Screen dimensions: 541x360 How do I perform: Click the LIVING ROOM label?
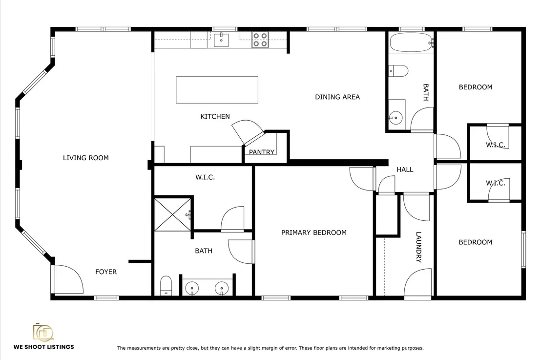85,158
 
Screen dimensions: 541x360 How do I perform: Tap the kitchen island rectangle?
217,90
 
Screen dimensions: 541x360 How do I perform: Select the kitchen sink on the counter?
221,40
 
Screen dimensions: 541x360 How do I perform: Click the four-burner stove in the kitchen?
260,40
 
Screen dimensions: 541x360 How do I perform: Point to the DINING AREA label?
337,97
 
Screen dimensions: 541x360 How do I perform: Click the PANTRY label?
262,152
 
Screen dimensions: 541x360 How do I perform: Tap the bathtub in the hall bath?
411,42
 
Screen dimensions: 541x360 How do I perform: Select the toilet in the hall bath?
398,71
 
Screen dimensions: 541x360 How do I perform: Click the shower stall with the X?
172,214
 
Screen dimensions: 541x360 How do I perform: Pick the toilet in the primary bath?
166,285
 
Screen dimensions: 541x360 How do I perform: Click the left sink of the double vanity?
192,288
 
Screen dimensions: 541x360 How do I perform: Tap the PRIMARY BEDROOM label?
314,233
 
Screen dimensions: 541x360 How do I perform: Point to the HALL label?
405,169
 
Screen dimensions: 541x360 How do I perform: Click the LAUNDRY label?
419,247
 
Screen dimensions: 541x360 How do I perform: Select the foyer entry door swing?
69,279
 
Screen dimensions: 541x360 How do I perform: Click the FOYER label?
106,272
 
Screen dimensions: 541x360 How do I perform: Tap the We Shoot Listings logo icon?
43,332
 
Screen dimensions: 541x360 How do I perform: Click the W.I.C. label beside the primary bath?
205,177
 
